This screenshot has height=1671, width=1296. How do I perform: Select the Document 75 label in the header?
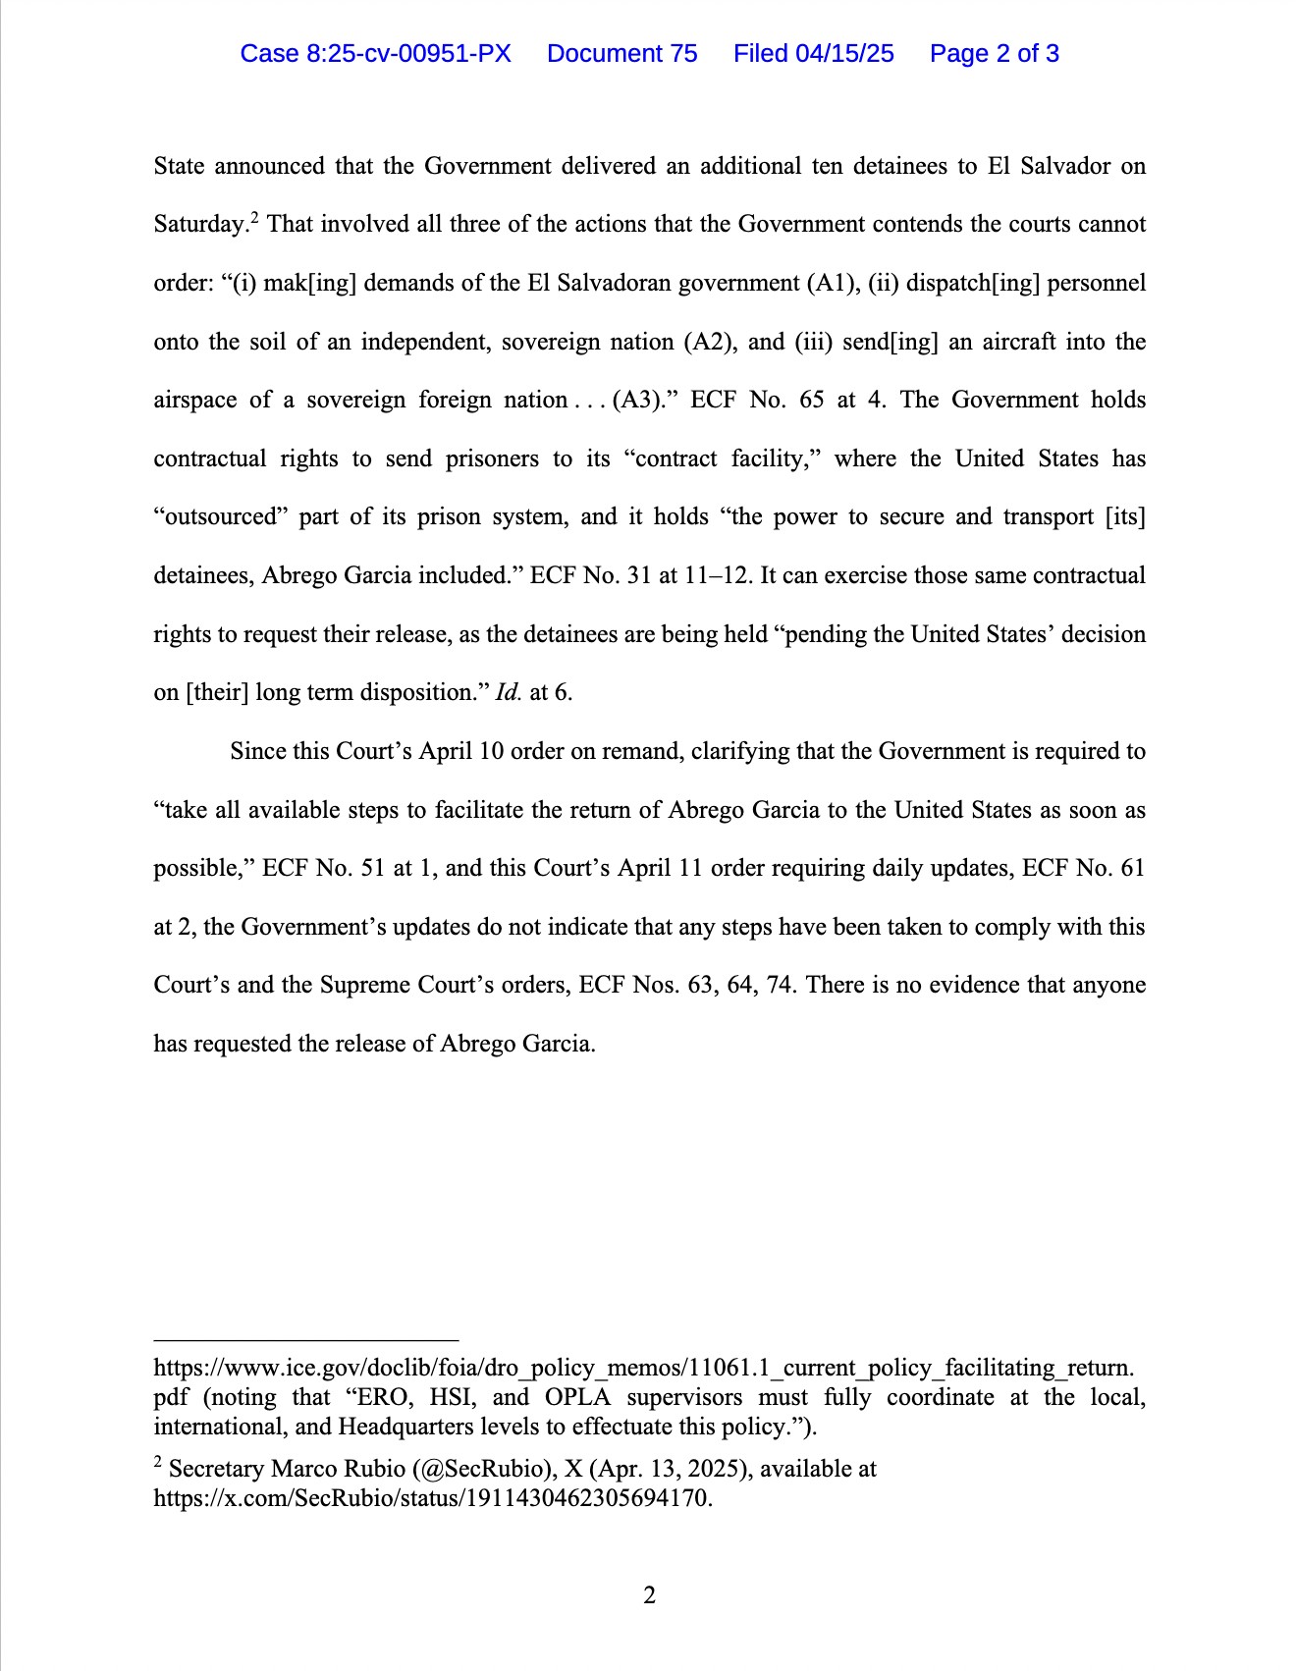pyautogui.click(x=621, y=53)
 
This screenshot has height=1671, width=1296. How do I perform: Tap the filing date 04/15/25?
pyautogui.click(x=844, y=53)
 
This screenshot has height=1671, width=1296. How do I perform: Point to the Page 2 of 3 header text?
pyautogui.click(x=994, y=53)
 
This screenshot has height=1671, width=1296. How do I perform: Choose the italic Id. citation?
pyautogui.click(x=509, y=693)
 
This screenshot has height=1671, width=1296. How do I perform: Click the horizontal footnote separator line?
pyautogui.click(x=306, y=1339)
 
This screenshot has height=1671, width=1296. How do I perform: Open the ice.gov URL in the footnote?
pyautogui.click(x=643, y=1368)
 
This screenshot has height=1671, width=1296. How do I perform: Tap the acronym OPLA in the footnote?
pyautogui.click(x=578, y=1397)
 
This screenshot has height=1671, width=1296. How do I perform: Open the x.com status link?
pyautogui.click(x=432, y=1498)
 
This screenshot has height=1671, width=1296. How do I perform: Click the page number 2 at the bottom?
pyautogui.click(x=649, y=1595)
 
